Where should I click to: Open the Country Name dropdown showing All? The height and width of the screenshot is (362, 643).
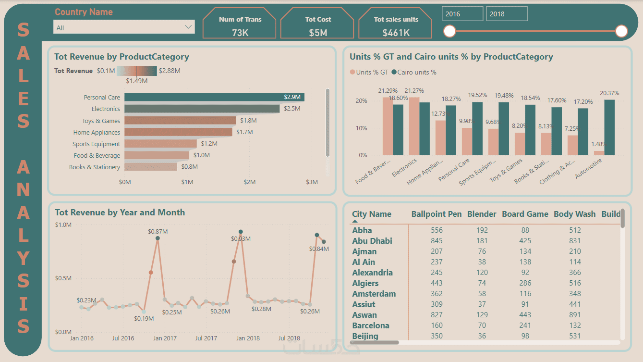[x=124, y=27]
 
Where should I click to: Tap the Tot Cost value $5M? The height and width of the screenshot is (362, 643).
[x=318, y=33]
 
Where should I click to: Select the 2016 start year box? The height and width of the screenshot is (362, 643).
[x=462, y=14]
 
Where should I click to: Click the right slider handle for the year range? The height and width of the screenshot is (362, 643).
[x=621, y=31]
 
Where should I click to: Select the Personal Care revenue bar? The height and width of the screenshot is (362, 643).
[x=214, y=97]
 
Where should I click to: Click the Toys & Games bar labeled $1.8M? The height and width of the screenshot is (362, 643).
[x=180, y=121]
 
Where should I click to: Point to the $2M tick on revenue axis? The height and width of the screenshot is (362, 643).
[x=249, y=182]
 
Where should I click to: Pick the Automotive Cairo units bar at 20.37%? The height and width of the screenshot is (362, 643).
[x=609, y=127]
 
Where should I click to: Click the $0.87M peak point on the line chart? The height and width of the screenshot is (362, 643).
[x=158, y=238]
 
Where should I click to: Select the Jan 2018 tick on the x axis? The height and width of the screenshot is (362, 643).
[x=248, y=338]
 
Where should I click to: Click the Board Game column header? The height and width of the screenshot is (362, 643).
[x=525, y=214]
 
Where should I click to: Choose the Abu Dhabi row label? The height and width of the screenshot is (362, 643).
[x=372, y=241]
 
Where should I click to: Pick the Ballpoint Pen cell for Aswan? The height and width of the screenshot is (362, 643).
[x=437, y=315]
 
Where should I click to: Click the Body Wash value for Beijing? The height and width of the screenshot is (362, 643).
[x=574, y=336]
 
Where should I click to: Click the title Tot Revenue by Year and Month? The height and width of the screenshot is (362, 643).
[x=120, y=212]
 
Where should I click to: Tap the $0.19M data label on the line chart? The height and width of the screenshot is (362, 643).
[x=144, y=319]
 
